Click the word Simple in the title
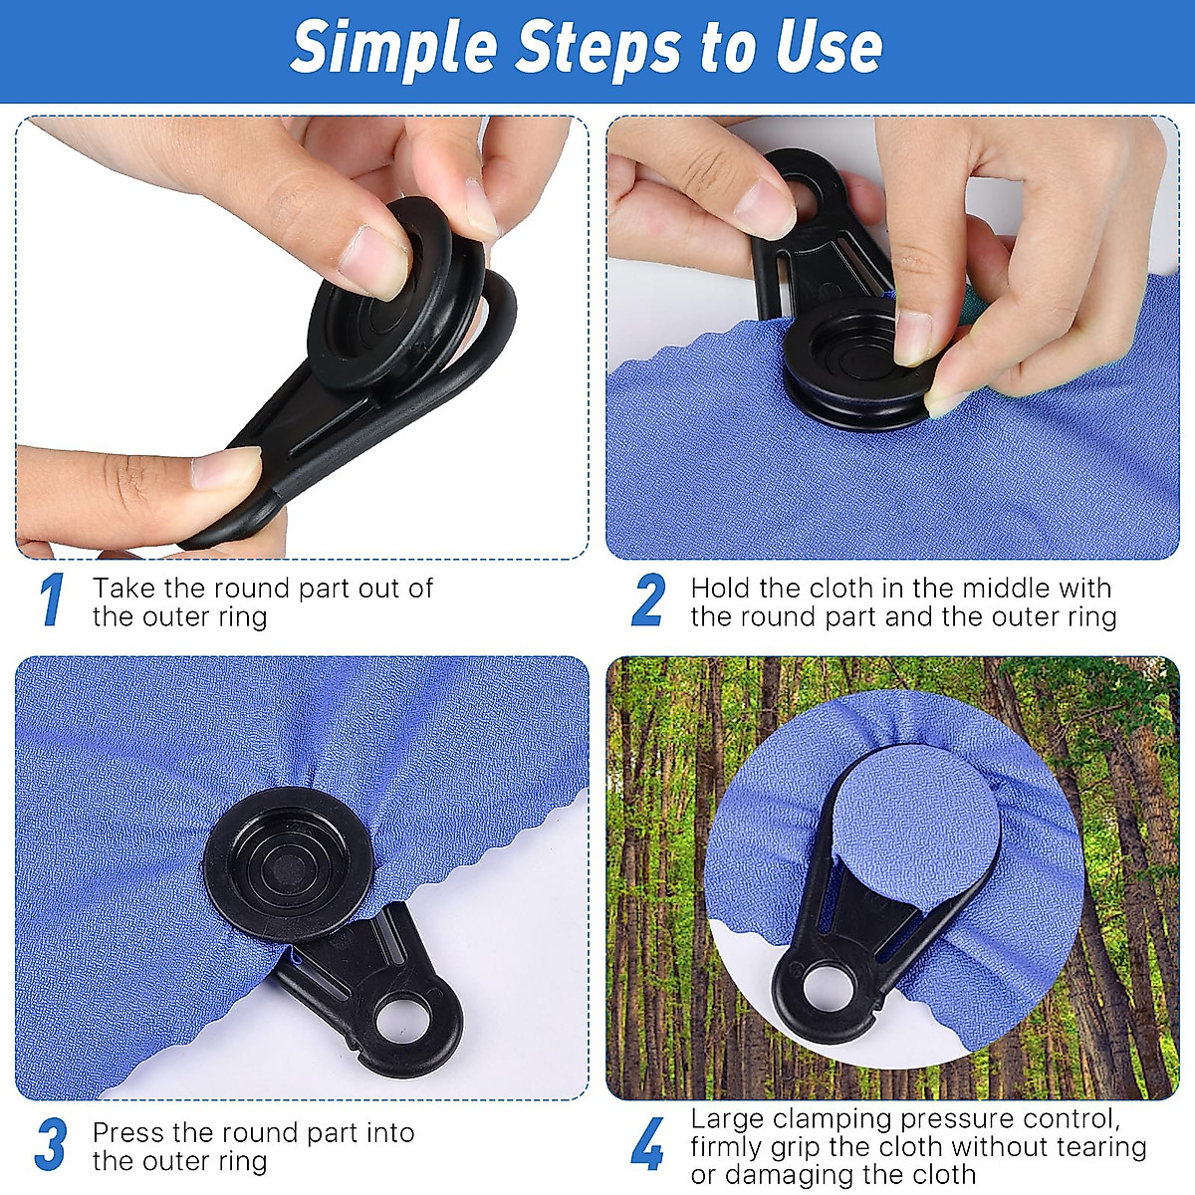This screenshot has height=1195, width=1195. (384, 47)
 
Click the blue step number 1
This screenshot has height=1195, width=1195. (52, 600)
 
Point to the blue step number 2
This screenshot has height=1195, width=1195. (648, 600)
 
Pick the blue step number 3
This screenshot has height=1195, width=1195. (51, 1145)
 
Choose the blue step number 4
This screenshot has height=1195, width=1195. (648, 1145)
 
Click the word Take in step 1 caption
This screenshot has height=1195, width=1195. (121, 589)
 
